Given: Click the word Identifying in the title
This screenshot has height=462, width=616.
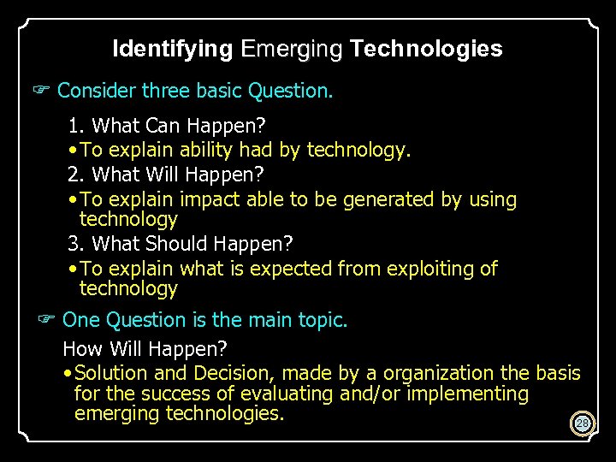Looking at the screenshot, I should (172, 49).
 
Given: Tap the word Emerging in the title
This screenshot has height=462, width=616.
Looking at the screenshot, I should (292, 49).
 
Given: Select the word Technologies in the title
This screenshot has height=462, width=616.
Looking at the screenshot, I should (426, 49).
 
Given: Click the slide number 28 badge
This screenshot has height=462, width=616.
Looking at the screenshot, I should (583, 423).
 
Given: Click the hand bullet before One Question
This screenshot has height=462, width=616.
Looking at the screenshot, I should (47, 320).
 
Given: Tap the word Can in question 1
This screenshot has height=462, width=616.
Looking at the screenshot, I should (163, 126).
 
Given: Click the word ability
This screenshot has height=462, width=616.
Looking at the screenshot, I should (206, 151).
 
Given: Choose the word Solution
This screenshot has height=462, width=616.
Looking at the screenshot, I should (111, 373).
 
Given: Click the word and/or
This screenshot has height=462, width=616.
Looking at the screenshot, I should (370, 394).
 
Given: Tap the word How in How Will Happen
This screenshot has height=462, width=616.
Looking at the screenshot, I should (80, 349).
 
